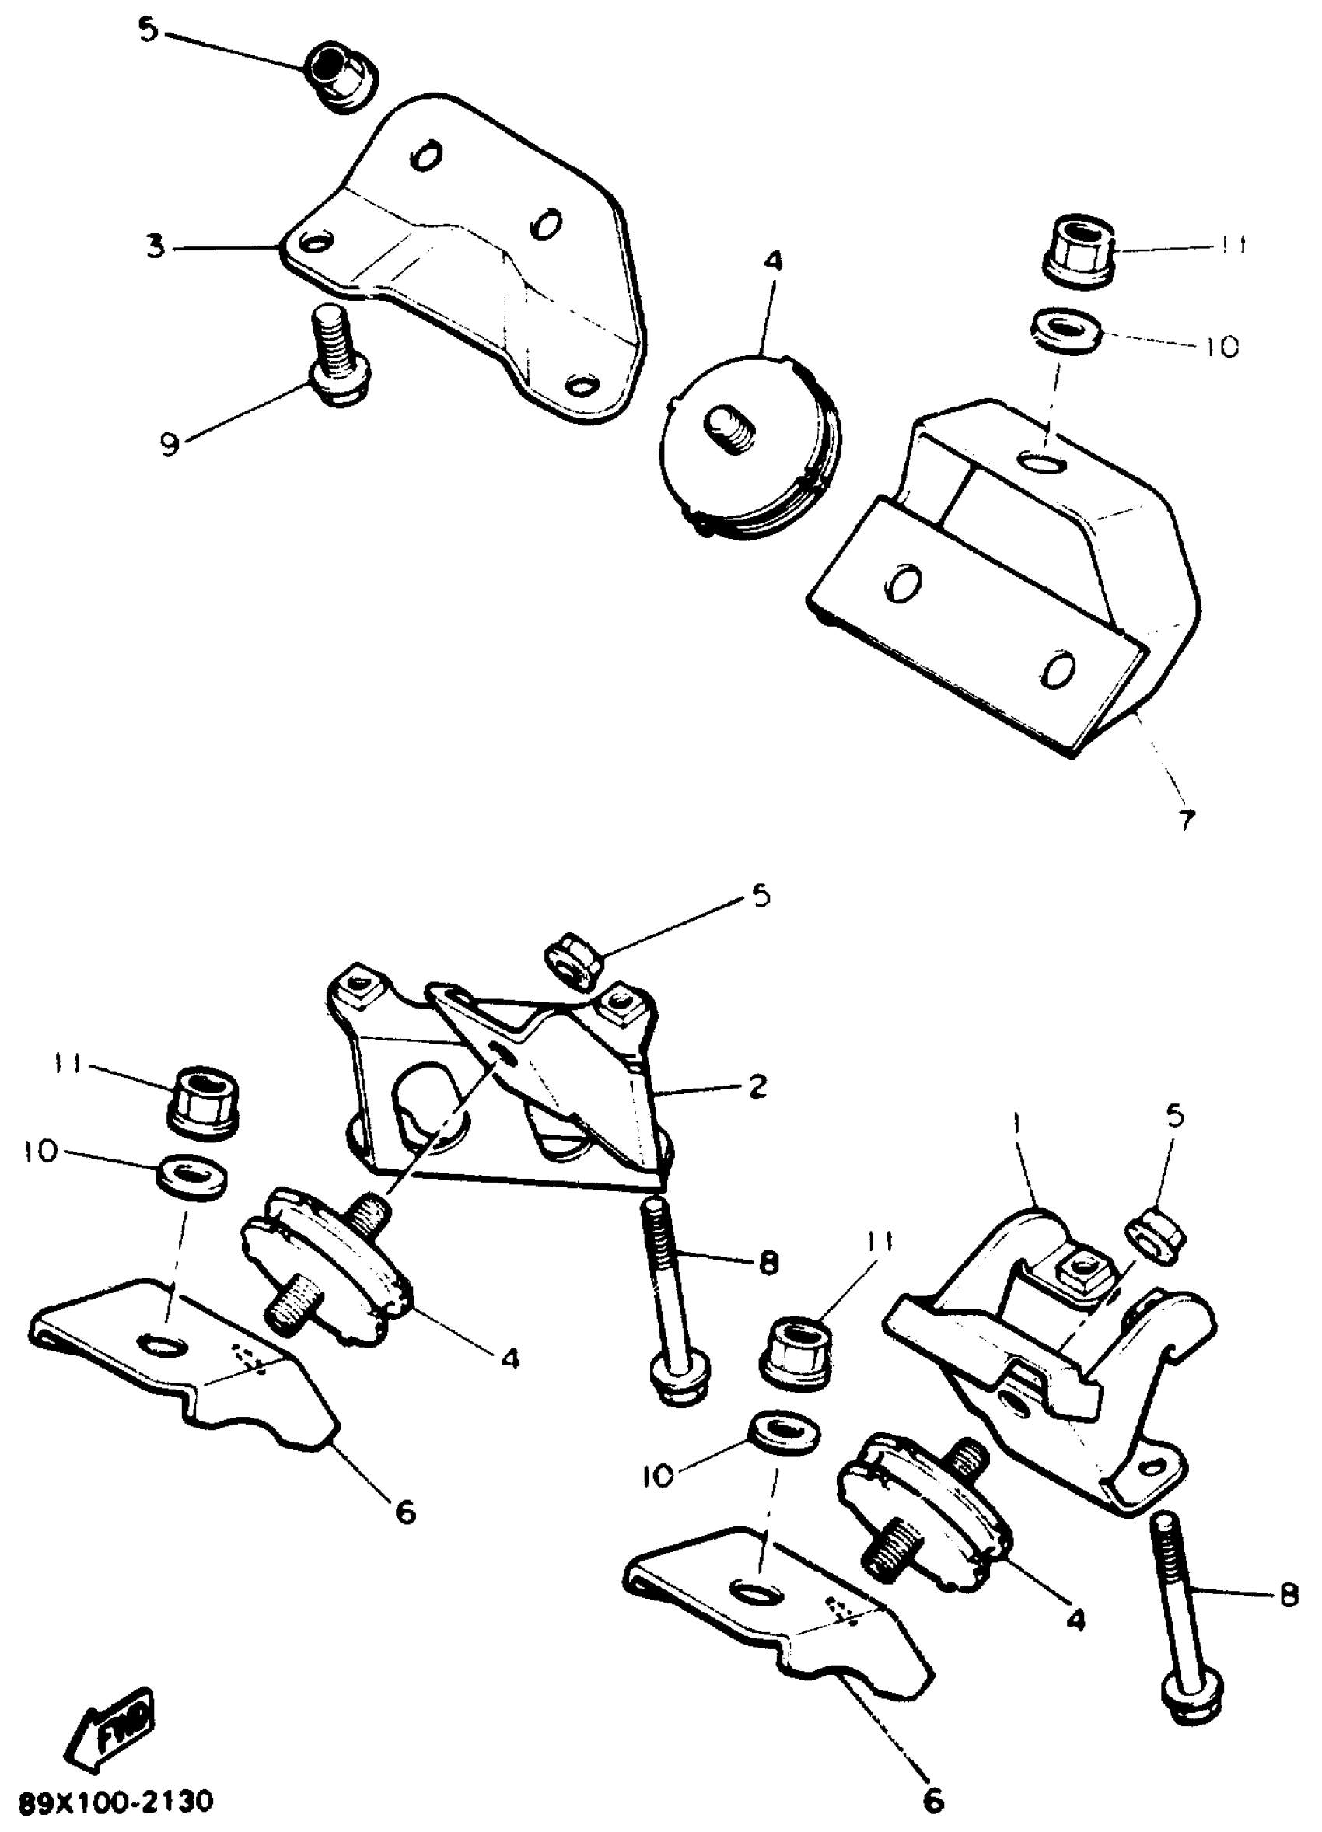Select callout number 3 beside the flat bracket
pos(156,247)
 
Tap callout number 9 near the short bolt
pos(169,445)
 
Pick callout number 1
pos(1015,1124)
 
